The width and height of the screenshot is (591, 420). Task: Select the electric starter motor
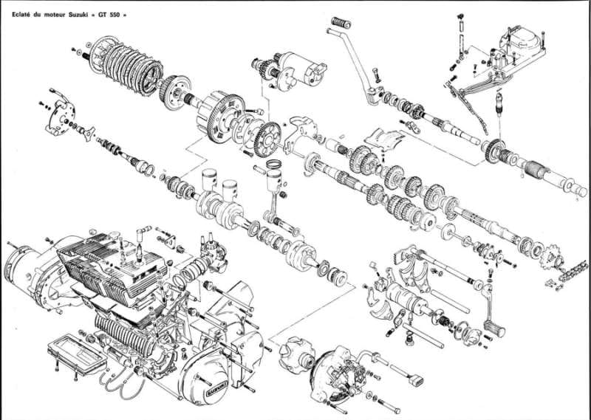tap(301, 69)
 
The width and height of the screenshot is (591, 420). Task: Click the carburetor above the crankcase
tap(212, 254)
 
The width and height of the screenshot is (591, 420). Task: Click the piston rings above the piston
tap(274, 164)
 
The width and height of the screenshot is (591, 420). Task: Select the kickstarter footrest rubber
tap(341, 23)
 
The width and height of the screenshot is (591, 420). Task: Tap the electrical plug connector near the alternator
tap(416, 379)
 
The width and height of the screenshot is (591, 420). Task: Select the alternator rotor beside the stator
tap(297, 356)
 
